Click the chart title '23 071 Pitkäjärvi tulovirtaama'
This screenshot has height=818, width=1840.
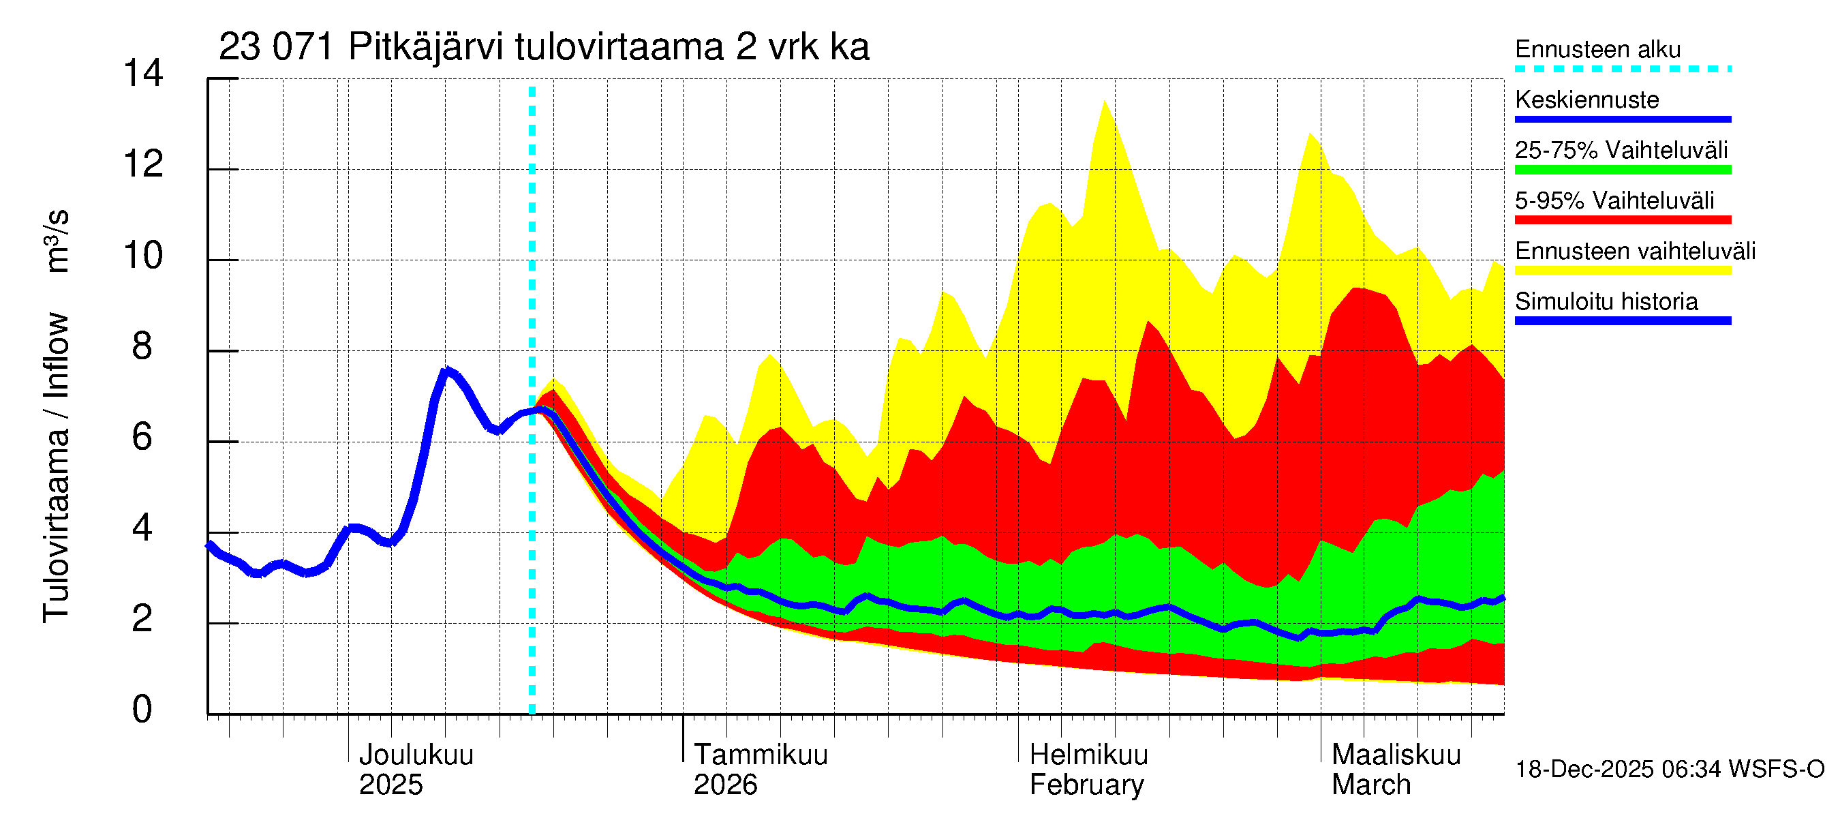coord(543,47)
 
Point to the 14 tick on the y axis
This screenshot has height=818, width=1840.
coord(143,74)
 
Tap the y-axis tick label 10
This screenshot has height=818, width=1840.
coord(143,256)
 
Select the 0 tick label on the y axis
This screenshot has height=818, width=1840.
coord(142,710)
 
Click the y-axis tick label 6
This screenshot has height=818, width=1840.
coord(142,437)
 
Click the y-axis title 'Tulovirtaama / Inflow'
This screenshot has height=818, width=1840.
coord(56,468)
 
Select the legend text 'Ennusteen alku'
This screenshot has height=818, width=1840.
coord(1597,50)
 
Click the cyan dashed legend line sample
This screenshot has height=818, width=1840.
coord(1622,70)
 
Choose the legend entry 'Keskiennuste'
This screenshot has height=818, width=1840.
coord(1586,100)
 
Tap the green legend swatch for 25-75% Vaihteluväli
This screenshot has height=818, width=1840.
coord(1622,170)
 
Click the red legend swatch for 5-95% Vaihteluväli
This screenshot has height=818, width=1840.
coord(1622,220)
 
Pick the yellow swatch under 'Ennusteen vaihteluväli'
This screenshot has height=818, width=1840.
coord(1622,270)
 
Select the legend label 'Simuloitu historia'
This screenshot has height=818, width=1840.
coord(1606,301)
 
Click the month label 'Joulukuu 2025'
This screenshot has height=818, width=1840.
coord(416,770)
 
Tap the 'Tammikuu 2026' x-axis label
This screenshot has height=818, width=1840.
coord(760,770)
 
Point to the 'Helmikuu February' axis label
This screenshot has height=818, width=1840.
coord(1088,770)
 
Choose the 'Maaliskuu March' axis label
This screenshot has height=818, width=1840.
coord(1396,770)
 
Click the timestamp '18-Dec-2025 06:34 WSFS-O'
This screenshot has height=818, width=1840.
coord(1669,770)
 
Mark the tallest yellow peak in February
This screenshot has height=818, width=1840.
coord(1104,102)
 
